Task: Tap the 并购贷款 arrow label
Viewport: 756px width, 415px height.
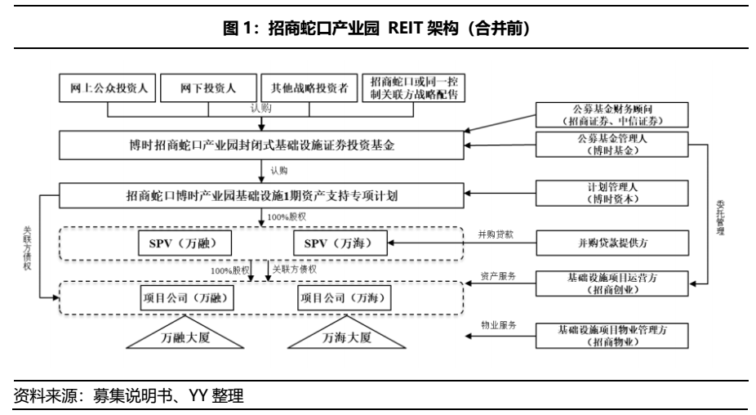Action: point(496,235)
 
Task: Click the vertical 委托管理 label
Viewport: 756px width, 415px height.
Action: point(720,217)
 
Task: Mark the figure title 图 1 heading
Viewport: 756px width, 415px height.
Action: point(377,29)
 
